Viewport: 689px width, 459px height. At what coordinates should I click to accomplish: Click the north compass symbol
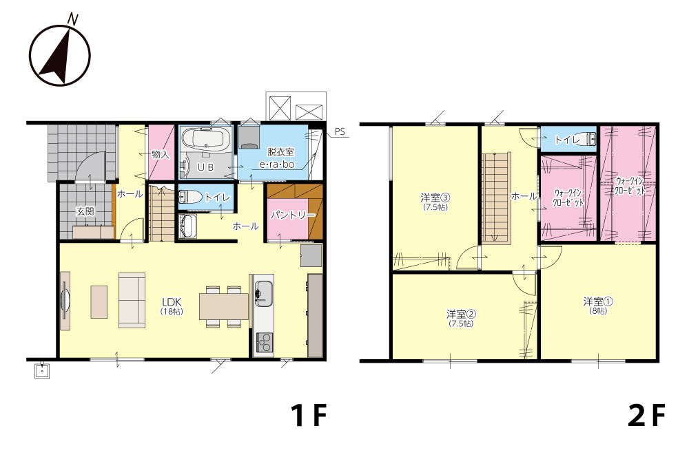pyautogui.click(x=60, y=53)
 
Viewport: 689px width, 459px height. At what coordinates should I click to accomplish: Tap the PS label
pyautogui.click(x=340, y=131)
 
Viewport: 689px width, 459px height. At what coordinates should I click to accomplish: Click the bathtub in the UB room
pyautogui.click(x=205, y=139)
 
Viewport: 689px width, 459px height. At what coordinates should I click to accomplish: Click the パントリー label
pyautogui.click(x=293, y=215)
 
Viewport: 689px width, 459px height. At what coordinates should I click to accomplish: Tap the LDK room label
pyautogui.click(x=172, y=302)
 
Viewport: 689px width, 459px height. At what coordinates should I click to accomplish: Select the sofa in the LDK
pyautogui.click(x=132, y=300)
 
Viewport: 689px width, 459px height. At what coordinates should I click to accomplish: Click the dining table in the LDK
pyautogui.click(x=224, y=306)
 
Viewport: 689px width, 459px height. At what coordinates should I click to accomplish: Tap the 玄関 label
pyautogui.click(x=85, y=211)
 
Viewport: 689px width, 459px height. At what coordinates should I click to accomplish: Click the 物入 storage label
pyautogui.click(x=161, y=154)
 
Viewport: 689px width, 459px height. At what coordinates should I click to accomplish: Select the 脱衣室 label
pyautogui.click(x=281, y=152)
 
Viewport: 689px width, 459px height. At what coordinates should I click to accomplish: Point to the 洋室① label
pyautogui.click(x=598, y=302)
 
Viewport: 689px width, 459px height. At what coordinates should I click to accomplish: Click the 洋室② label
pyautogui.click(x=461, y=314)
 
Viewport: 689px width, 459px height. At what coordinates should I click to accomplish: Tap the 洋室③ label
pyautogui.click(x=435, y=198)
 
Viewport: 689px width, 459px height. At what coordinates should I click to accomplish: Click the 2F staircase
pyautogui.click(x=497, y=198)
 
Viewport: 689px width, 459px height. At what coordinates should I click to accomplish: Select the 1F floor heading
pyautogui.click(x=309, y=415)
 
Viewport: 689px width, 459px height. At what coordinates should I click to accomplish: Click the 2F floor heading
pyautogui.click(x=646, y=415)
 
